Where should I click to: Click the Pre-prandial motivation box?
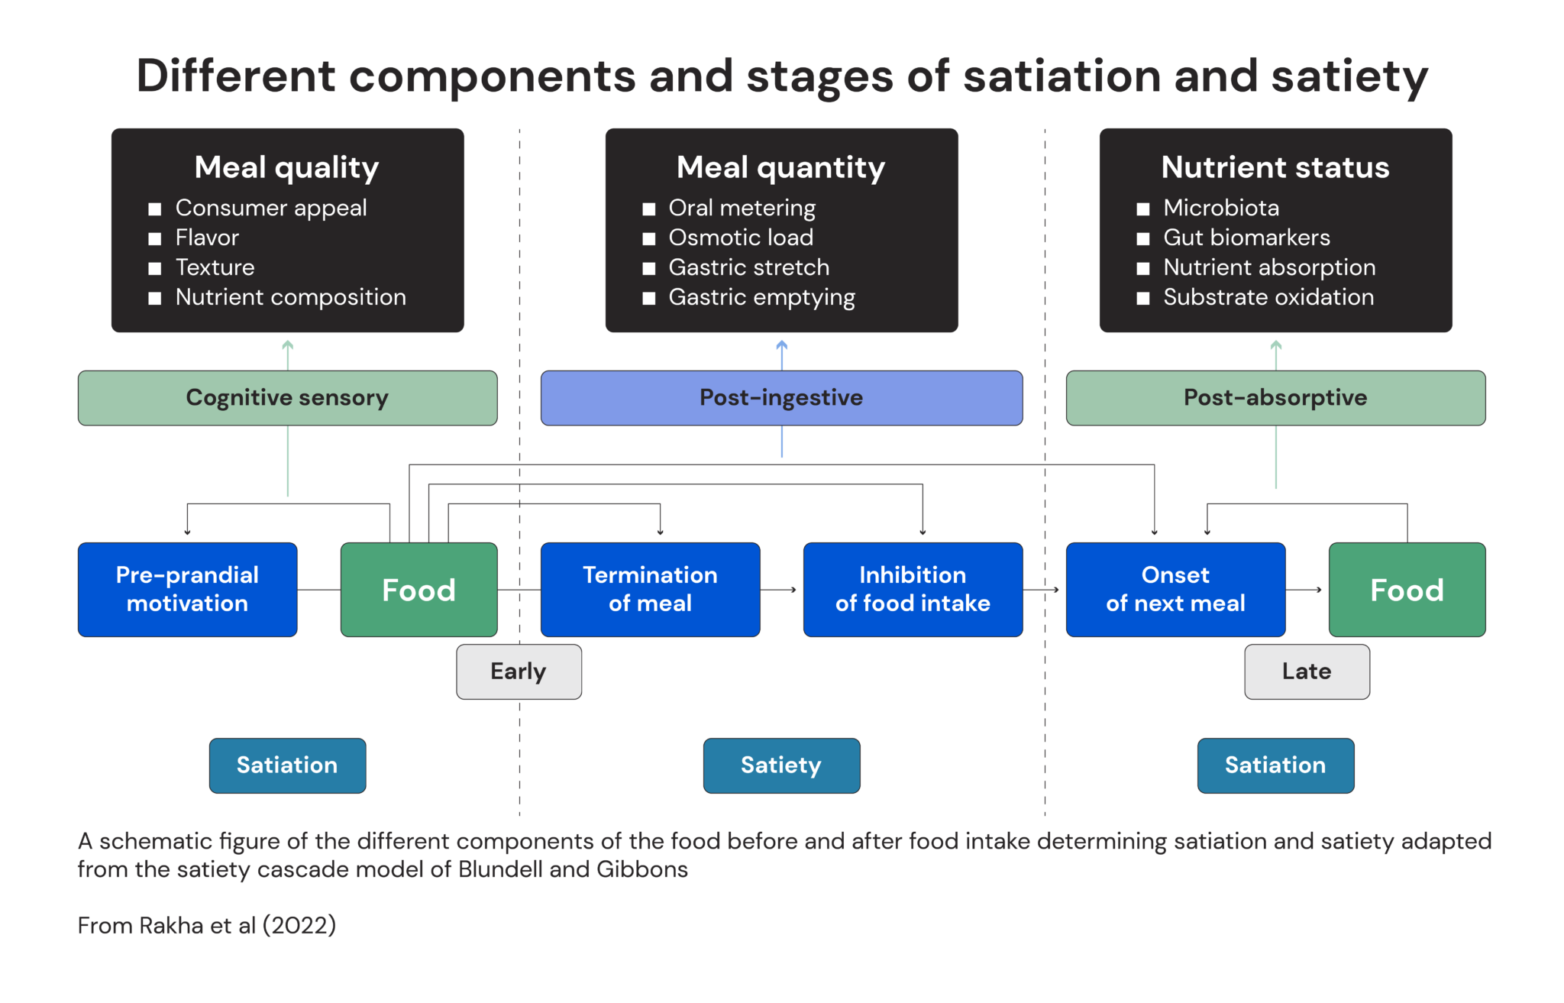(x=187, y=589)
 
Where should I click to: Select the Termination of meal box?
(x=650, y=589)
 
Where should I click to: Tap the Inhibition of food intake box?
(x=913, y=589)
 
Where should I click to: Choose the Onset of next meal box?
(x=1175, y=589)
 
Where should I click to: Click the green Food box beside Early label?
(x=418, y=589)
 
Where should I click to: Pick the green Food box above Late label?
(x=1407, y=589)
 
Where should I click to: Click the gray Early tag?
(x=519, y=671)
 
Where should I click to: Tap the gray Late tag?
(x=1307, y=671)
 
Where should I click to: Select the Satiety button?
(x=781, y=765)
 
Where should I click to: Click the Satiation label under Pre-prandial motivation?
(x=287, y=765)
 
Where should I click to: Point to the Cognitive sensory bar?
(x=287, y=398)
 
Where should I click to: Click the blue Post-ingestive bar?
(x=781, y=398)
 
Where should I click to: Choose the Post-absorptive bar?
(x=1275, y=398)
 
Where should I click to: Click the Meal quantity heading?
(x=780, y=167)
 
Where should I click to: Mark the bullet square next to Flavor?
(x=155, y=239)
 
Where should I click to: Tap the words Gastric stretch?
(x=748, y=267)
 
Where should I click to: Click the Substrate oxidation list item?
(x=1268, y=297)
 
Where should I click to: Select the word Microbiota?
(x=1220, y=208)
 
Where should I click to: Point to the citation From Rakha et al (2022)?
(x=207, y=926)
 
